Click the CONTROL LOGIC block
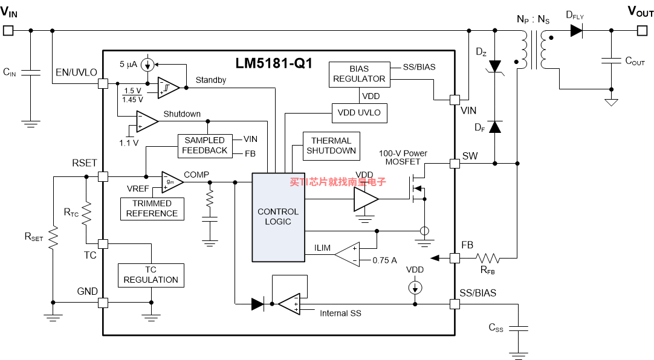click(278, 217)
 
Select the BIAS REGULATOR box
click(360, 74)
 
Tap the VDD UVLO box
click(359, 113)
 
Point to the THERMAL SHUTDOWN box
click(331, 146)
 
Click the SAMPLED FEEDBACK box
click(205, 146)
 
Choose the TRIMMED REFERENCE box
click(152, 209)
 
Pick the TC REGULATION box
click(151, 275)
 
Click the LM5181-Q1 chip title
click(274, 63)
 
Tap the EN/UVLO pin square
click(103, 83)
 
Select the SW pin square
click(455, 163)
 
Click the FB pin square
click(455, 259)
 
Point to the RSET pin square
click(103, 176)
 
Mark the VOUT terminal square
click(643, 30)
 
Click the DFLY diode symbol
click(577, 30)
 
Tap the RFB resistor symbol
click(488, 259)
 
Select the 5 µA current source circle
click(147, 65)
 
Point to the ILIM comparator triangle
click(348, 254)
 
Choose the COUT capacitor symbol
click(612, 60)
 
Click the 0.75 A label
click(384, 260)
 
